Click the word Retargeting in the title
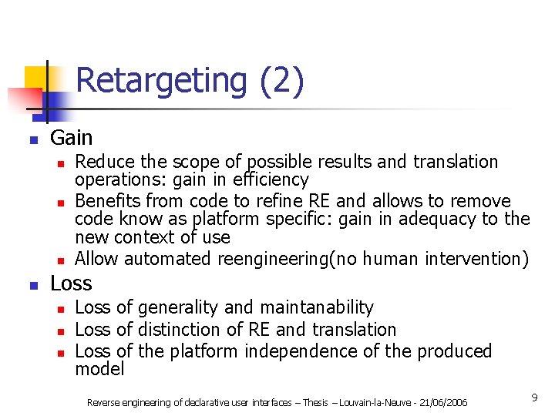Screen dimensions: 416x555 coord(160,81)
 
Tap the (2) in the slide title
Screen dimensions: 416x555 coord(281,81)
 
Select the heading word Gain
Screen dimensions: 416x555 coord(71,139)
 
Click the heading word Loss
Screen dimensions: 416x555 coord(71,283)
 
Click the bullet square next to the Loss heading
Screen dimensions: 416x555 coord(32,286)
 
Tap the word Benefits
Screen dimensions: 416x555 coord(108,201)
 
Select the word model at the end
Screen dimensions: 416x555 coord(99,370)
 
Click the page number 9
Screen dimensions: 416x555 coord(534,397)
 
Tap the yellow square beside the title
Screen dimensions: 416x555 coord(36,77)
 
